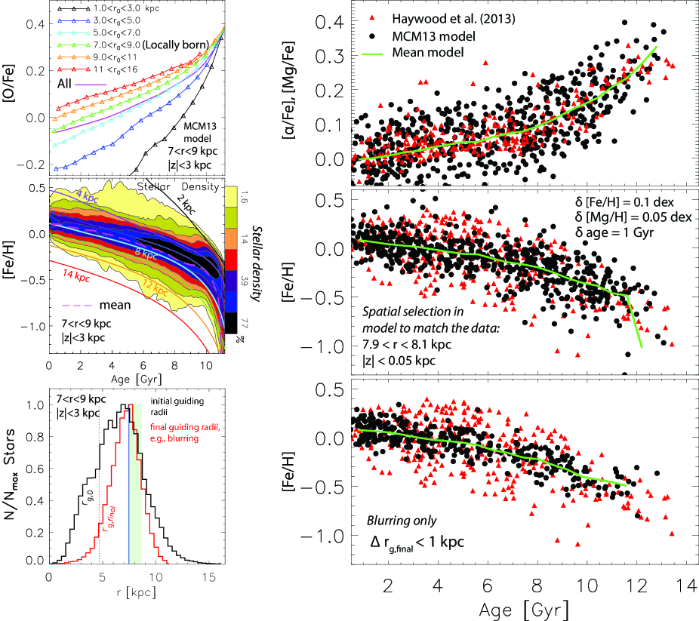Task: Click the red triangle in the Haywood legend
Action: (x=374, y=20)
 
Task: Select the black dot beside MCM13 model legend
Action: (x=374, y=36)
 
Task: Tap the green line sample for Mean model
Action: (x=374, y=53)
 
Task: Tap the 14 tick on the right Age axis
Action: (x=686, y=586)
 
